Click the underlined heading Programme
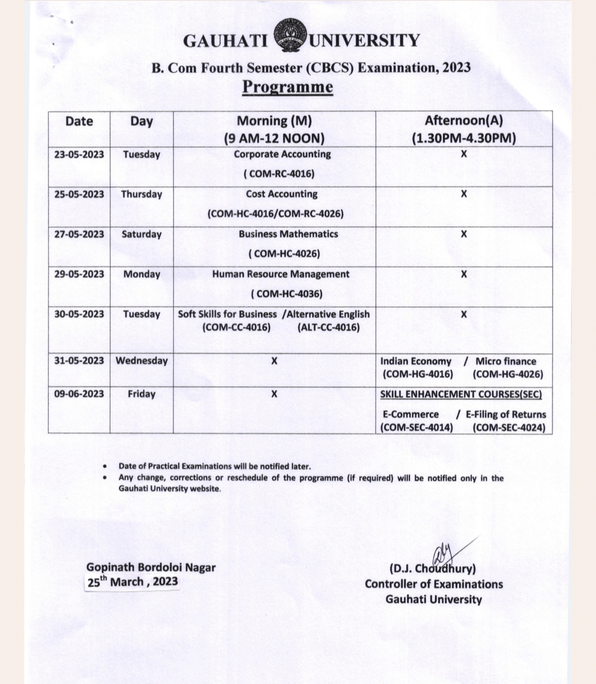click(288, 87)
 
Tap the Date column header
click(79, 121)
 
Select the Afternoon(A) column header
click(464, 121)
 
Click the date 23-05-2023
click(79, 154)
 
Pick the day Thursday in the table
click(141, 194)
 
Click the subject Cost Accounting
click(281, 194)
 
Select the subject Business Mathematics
click(288, 234)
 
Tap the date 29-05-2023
click(79, 274)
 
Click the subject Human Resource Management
click(280, 274)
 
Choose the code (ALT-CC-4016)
click(328, 328)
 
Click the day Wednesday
click(141, 361)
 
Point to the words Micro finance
click(505, 361)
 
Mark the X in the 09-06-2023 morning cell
click(274, 394)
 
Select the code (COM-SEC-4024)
click(509, 427)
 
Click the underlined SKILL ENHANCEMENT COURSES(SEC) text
click(461, 394)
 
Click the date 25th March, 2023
click(132, 582)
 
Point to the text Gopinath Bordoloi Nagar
click(151, 567)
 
